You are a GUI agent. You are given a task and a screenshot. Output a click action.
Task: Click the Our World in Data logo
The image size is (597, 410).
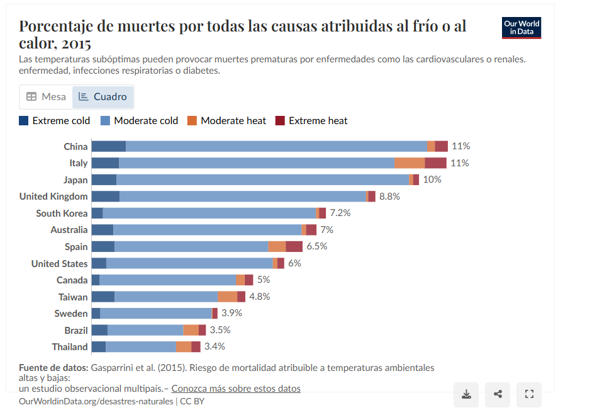click(x=522, y=28)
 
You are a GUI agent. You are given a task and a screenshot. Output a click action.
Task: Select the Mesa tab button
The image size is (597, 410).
click(x=46, y=96)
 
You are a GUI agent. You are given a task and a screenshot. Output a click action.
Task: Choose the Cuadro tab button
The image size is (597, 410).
click(x=103, y=96)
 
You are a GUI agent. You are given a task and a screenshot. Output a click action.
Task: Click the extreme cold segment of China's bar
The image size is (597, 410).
click(x=109, y=146)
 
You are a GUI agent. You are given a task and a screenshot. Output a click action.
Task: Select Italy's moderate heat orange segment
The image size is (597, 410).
click(x=410, y=163)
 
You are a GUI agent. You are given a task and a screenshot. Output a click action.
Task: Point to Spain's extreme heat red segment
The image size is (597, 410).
click(x=294, y=246)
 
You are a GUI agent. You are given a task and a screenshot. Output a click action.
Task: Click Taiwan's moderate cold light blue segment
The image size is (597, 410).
click(x=166, y=297)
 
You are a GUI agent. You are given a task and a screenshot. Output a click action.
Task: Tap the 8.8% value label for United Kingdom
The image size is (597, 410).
click(x=389, y=196)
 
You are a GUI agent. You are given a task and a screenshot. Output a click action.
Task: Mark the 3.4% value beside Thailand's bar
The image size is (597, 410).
click(x=215, y=346)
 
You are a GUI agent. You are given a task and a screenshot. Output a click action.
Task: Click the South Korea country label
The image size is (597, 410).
click(x=62, y=213)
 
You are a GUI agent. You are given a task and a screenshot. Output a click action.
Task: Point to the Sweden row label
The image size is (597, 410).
click(x=71, y=313)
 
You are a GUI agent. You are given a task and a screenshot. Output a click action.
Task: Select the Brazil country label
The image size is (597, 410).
click(x=76, y=330)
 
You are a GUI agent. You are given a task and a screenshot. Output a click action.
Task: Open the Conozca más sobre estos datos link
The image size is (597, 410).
click(x=236, y=389)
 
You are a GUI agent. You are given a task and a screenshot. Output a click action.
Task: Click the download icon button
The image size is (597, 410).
click(x=466, y=394)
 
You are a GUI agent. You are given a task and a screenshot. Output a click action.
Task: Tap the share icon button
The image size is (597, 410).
click(x=498, y=394)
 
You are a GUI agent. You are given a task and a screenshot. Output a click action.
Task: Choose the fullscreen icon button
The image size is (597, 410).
click(x=529, y=394)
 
